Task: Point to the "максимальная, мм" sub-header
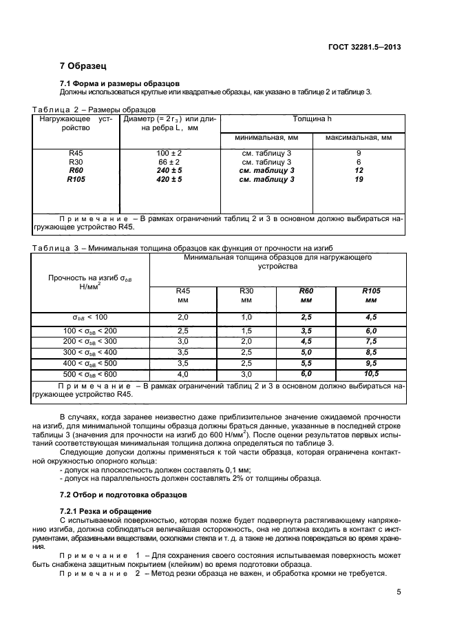[358, 137]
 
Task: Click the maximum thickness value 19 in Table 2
[358, 179]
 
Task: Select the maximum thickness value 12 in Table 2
[358, 170]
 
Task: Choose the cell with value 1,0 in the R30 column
[245, 317]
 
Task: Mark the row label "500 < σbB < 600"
[90, 374]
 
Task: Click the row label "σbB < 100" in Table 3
[90, 317]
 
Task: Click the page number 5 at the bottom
[399, 591]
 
